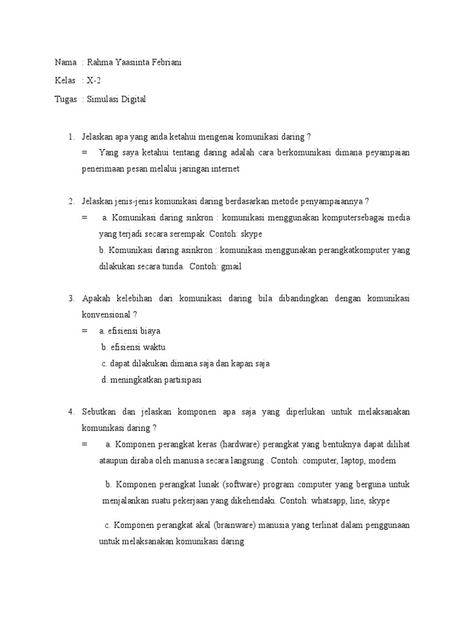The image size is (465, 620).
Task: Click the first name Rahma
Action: click(x=99, y=62)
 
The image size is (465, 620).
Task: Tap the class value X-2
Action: click(x=93, y=81)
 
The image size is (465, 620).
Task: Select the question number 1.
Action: click(x=70, y=136)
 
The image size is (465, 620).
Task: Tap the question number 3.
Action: click(x=70, y=298)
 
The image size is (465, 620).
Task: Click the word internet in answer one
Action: click(x=222, y=169)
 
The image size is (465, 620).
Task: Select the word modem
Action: click(x=382, y=461)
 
